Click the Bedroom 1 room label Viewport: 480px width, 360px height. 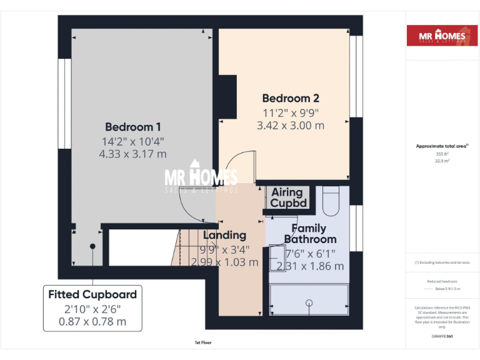[132, 126]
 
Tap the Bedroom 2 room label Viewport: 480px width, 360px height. [291, 98]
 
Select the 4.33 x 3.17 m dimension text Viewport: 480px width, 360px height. [132, 153]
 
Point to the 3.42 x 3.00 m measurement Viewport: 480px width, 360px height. [291, 125]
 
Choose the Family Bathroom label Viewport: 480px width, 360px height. [310, 234]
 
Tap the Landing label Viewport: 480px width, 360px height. [225, 235]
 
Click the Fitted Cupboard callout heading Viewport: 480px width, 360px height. [92, 294]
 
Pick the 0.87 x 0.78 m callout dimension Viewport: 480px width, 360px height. [92, 321]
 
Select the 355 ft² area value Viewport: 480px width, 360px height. [442, 154]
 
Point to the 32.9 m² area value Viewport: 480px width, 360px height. [442, 161]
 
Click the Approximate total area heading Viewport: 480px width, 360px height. [442, 146]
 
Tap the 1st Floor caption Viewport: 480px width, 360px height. [202, 342]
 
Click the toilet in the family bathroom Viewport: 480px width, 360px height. [331, 200]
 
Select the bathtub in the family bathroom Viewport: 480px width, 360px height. [309, 302]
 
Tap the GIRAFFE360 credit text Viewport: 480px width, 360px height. [442, 337]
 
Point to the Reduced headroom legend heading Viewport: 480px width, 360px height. [442, 281]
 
